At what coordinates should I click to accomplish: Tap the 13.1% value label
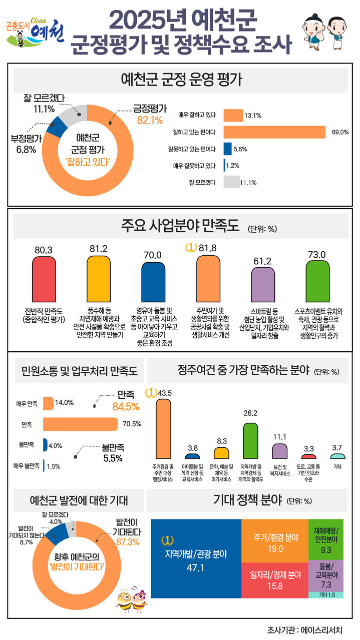pos(253,116)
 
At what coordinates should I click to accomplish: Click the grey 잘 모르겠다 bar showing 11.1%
pos(231,182)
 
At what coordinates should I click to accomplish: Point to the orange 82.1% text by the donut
pos(150,120)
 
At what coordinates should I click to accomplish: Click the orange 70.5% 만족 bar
pos(81,424)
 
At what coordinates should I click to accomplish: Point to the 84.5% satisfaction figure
pos(125,407)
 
